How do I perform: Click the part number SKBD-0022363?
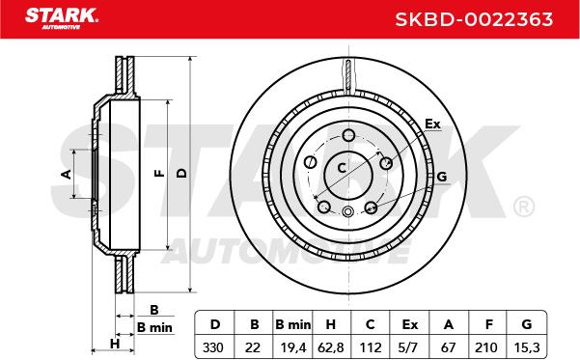(474, 19)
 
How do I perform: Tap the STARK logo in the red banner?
(62, 18)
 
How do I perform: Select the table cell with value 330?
(213, 347)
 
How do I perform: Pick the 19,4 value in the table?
(293, 347)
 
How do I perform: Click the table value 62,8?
(331, 347)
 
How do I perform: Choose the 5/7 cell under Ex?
(409, 347)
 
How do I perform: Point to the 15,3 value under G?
(527, 347)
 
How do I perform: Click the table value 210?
(486, 347)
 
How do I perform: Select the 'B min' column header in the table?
(293, 324)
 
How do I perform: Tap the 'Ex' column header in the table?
(410, 324)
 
